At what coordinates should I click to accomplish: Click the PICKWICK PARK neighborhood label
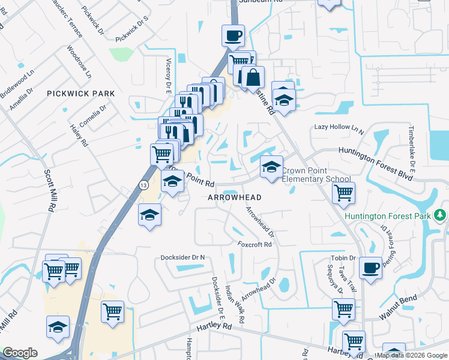[x=80, y=94]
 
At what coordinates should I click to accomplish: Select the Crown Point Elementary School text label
[x=316, y=175]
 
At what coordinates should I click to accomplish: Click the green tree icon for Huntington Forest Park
[x=441, y=214]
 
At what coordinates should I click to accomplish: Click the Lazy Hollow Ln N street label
[x=339, y=128]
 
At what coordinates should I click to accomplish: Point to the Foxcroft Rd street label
[x=255, y=245]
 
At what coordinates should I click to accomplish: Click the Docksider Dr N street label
[x=183, y=257]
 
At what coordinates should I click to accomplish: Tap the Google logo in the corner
[x=20, y=352]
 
